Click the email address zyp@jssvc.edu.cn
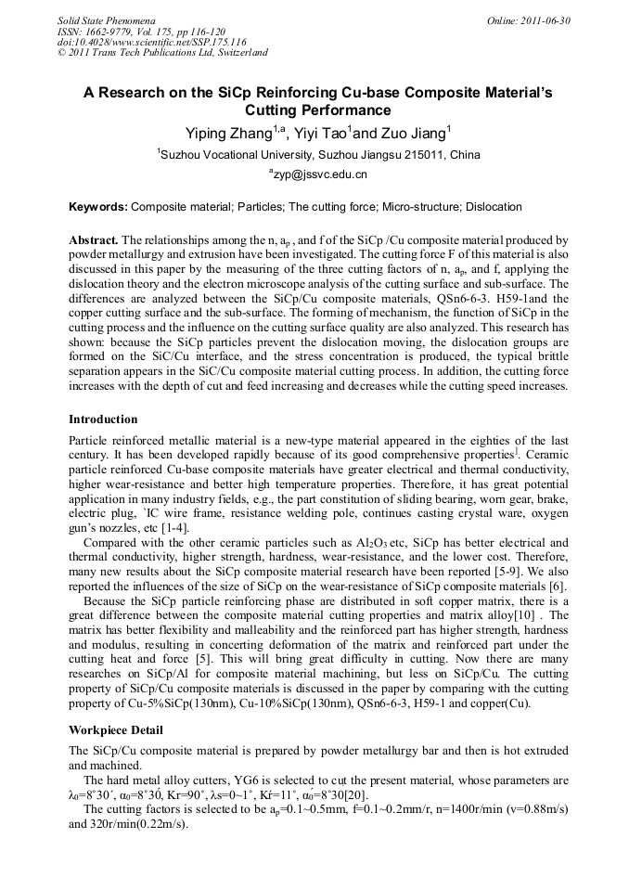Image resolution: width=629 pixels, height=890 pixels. point(319,174)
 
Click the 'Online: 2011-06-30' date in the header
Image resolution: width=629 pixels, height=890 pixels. point(528,20)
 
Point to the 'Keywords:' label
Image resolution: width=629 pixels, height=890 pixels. point(99,207)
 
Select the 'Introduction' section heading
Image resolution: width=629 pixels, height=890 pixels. point(103,419)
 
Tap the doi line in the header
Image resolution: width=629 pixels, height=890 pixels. point(151,42)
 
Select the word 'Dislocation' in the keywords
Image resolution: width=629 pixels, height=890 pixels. point(494,207)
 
